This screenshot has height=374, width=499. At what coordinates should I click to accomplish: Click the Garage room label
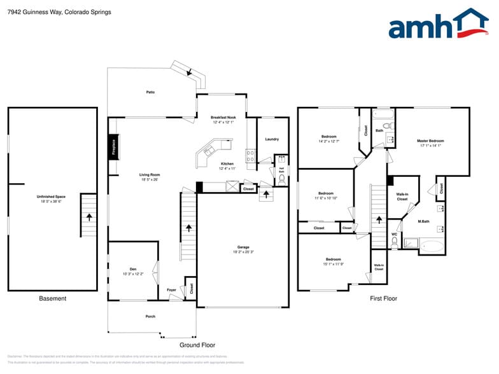243,247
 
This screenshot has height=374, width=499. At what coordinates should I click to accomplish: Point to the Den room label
133,269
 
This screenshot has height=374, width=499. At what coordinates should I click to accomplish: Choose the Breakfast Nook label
223,118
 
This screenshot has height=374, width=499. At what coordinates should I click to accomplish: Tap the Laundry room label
272,139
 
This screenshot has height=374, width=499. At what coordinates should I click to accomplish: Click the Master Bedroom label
430,141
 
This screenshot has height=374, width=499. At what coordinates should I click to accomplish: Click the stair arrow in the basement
89,217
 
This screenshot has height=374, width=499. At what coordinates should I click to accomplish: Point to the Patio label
150,92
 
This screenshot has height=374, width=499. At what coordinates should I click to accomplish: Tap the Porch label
150,316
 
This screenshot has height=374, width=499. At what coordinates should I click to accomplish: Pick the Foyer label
171,290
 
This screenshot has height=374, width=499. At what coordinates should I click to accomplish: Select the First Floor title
384,298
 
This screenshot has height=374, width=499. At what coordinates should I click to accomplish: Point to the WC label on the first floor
394,234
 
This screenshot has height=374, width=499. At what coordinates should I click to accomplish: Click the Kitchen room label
227,163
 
